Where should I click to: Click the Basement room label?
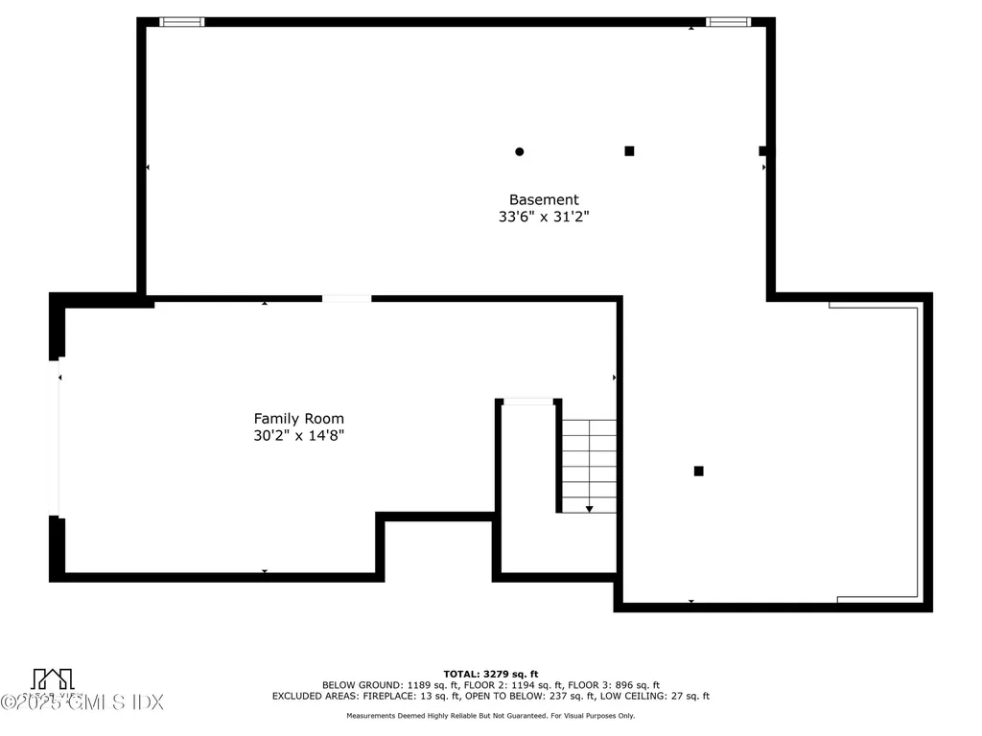coord(543,199)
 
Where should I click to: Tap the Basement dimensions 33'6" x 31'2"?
coord(543,218)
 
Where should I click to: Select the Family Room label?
coord(298,419)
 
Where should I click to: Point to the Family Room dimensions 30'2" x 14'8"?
coord(298,436)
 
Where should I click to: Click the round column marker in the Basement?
coord(520,151)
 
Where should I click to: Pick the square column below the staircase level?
coord(698,471)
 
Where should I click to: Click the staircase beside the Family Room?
coord(588,466)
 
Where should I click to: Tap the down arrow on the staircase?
coord(589,508)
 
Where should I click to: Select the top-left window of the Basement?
coord(181,22)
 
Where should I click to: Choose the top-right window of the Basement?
coord(727,22)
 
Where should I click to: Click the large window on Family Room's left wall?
coord(57,436)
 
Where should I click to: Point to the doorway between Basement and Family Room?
coord(346,299)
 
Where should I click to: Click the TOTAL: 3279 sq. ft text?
coord(490,674)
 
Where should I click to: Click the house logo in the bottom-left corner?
coord(52,678)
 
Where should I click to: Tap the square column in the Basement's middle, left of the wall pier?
coord(629,150)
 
